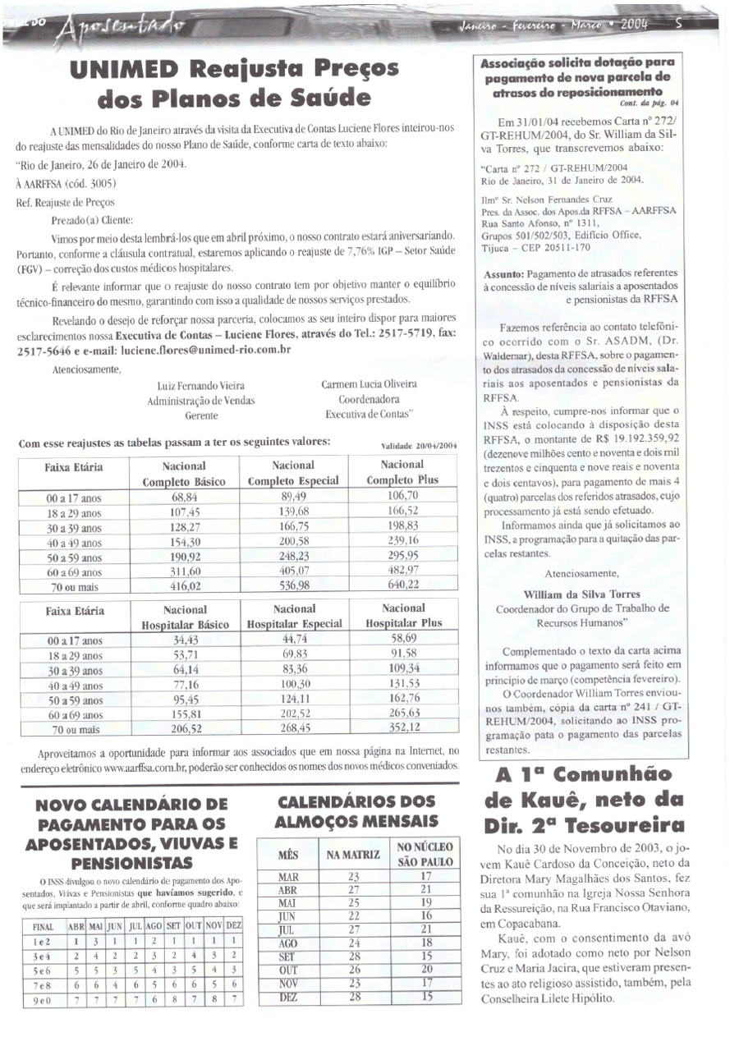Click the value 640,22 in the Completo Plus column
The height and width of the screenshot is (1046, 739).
point(402,585)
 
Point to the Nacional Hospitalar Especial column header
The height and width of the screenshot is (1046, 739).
point(295,617)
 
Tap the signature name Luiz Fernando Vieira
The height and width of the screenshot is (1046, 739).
point(200,385)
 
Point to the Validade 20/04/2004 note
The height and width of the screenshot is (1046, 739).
point(420,446)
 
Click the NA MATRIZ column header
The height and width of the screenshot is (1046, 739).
point(354,856)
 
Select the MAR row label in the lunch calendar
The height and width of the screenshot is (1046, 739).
point(287,877)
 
